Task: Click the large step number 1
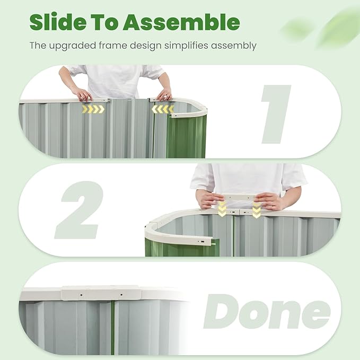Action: point(276,113)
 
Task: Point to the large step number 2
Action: point(80,210)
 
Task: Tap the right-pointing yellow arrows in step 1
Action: point(92,110)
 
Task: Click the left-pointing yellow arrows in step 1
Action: point(163,109)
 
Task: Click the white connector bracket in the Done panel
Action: point(101,293)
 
